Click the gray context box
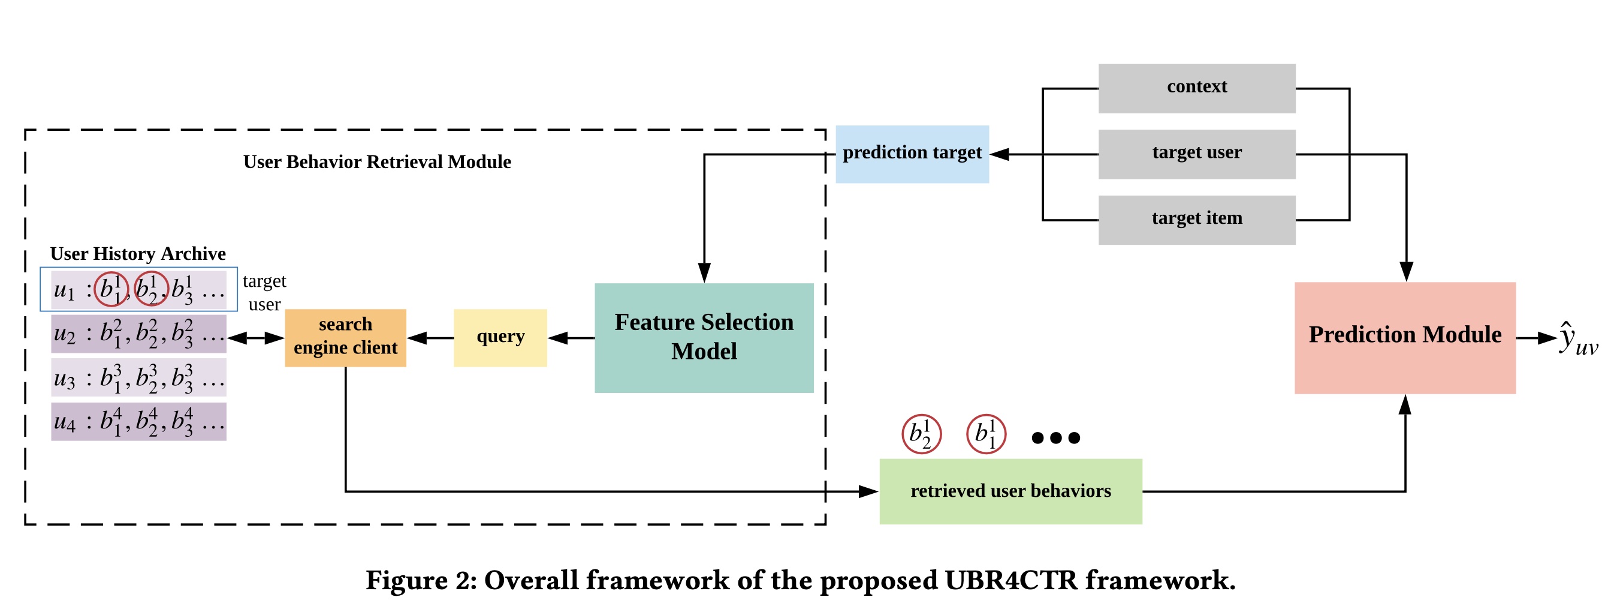(x=1196, y=88)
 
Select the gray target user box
(x=1196, y=154)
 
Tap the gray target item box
(x=1196, y=220)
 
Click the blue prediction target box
(x=912, y=154)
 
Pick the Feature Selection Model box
(x=704, y=338)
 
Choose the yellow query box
(x=500, y=338)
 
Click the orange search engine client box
(x=345, y=338)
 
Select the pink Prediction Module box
(x=1405, y=338)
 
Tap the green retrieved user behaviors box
(x=1010, y=491)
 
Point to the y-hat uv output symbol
(x=1577, y=340)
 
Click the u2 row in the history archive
(x=138, y=334)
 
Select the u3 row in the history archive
(x=138, y=377)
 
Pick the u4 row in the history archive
(x=138, y=421)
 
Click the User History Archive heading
(x=138, y=253)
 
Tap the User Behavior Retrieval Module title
(x=376, y=162)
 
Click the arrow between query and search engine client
(x=430, y=338)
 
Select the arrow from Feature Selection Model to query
(x=571, y=338)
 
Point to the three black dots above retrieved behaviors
(x=1055, y=437)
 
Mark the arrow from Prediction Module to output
(x=1536, y=338)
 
